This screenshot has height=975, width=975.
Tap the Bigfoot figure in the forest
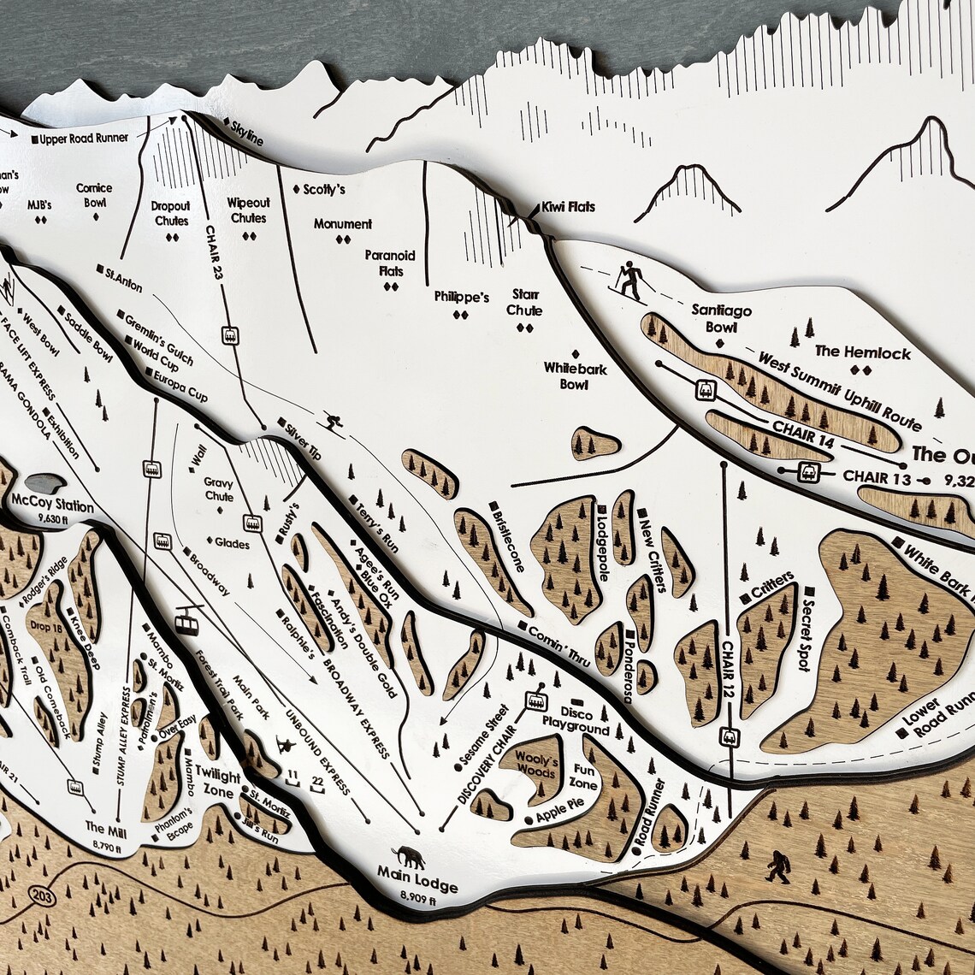(777, 866)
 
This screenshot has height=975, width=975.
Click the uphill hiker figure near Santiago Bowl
(631, 280)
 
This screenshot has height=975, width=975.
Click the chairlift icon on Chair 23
(229, 334)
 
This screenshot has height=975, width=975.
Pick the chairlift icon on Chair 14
(706, 388)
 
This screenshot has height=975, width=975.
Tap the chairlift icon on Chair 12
(729, 736)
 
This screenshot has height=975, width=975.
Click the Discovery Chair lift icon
(536, 700)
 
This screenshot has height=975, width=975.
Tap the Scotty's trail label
(324, 189)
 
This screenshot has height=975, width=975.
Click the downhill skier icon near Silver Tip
(331, 422)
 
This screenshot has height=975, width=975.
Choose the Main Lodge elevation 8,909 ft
(418, 899)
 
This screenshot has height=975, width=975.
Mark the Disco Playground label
(576, 720)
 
